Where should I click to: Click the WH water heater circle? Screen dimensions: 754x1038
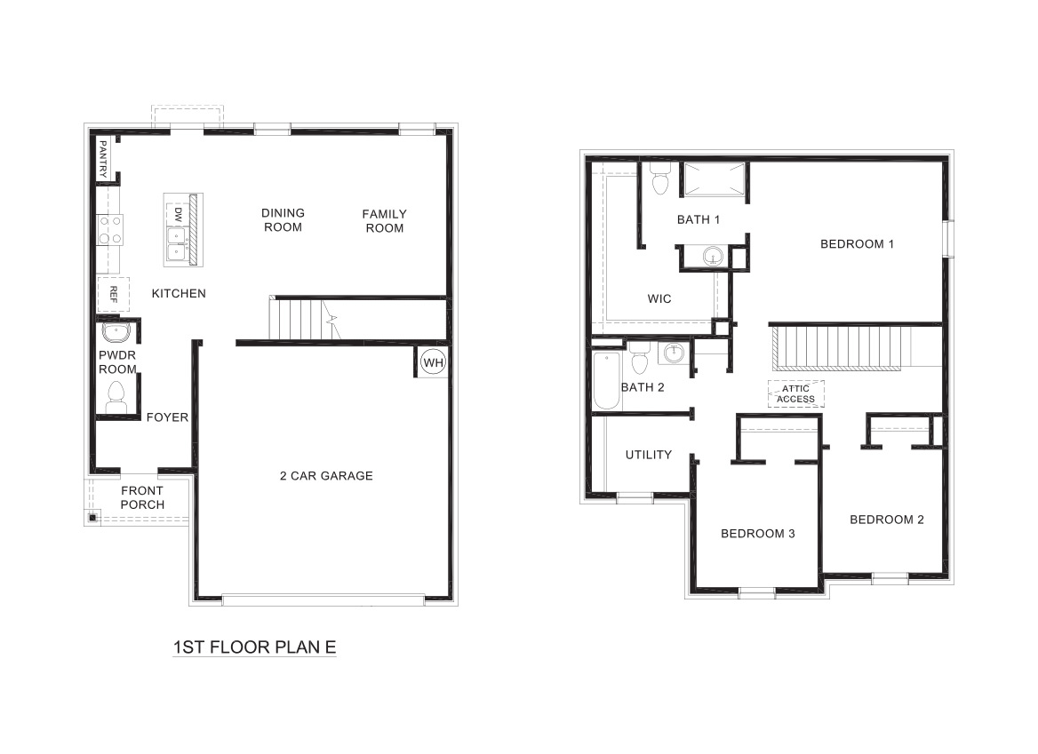(432, 362)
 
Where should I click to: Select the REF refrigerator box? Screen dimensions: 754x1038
(113, 293)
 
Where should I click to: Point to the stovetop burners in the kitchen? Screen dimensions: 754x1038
(110, 230)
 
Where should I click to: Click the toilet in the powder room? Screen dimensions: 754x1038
(116, 397)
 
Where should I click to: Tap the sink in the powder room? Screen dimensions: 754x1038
(116, 333)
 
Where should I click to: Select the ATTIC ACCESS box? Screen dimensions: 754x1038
(795, 393)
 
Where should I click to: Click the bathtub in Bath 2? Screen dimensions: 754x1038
(606, 380)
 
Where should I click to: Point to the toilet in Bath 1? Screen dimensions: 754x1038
(659, 179)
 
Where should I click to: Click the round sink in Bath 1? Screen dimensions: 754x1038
(713, 258)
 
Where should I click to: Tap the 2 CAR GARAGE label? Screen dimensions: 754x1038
(326, 476)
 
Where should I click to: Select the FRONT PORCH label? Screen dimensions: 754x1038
(142, 497)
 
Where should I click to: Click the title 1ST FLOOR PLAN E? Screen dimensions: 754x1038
(254, 647)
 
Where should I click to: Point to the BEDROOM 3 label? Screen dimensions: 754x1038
(757, 534)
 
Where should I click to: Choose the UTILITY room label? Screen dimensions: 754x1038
(648, 455)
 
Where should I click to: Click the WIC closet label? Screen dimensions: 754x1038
(659, 299)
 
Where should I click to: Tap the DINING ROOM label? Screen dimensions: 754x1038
(283, 220)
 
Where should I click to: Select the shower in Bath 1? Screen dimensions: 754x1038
(714, 182)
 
